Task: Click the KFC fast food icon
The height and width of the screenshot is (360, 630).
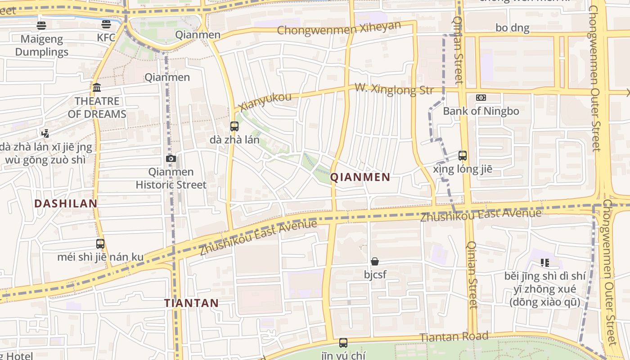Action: click(x=106, y=24)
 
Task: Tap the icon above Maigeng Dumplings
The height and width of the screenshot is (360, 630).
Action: click(x=41, y=25)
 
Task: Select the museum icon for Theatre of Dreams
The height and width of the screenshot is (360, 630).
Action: click(x=97, y=87)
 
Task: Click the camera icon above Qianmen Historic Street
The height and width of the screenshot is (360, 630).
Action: click(x=171, y=158)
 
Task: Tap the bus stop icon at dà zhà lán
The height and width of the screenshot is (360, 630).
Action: click(x=234, y=126)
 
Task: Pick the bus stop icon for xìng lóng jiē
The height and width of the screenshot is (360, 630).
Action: click(x=463, y=156)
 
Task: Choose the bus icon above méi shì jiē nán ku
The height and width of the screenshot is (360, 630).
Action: click(x=100, y=244)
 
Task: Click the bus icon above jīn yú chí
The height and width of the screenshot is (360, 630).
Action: click(x=343, y=343)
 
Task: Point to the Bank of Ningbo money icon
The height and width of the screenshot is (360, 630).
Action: click(x=481, y=98)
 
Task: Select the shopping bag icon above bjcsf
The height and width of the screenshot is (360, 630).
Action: click(x=374, y=261)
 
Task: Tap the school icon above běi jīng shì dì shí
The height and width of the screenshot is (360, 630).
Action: click(x=545, y=263)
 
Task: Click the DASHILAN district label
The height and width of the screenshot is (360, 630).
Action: click(x=66, y=203)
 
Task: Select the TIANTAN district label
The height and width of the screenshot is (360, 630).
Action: click(x=191, y=303)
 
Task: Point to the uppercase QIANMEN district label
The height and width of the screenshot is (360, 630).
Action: click(x=360, y=177)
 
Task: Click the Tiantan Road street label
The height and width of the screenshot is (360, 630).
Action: click(x=454, y=337)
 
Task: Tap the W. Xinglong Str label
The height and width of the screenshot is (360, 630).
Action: click(x=394, y=89)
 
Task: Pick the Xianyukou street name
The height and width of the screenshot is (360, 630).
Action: click(x=265, y=102)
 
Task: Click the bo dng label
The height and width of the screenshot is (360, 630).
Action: click(x=513, y=28)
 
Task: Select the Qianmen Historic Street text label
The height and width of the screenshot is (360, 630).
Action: click(x=171, y=178)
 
